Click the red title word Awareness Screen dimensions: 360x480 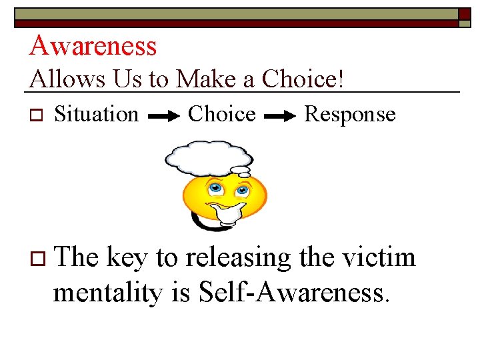coord(93,45)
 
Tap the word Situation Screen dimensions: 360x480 coord(97,114)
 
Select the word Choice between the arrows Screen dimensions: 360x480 coord(222,114)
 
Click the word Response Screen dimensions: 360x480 coord(350,114)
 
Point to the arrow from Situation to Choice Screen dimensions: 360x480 coord(164,116)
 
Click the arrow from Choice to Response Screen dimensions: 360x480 coord(281,116)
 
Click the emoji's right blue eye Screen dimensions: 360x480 coord(242,190)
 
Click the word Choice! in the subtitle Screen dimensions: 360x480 coord(303,79)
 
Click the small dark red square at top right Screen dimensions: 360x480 coord(464,15)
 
